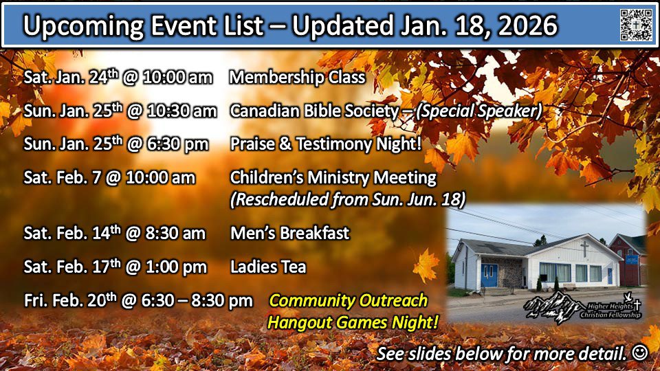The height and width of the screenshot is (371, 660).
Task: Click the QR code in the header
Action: (636, 25)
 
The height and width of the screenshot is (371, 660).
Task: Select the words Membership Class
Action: (297, 78)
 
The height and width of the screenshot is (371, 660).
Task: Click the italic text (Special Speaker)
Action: (478, 111)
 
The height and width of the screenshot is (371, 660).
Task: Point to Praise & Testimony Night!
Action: (325, 144)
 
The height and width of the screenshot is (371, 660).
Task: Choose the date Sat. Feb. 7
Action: (63, 177)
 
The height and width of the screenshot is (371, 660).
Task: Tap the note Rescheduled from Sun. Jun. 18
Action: (348, 199)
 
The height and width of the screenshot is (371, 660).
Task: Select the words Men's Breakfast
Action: (290, 233)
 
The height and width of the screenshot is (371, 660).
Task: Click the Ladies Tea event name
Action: (268, 267)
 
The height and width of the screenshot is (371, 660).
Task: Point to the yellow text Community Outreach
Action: (348, 301)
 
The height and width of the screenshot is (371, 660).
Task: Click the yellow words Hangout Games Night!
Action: (353, 323)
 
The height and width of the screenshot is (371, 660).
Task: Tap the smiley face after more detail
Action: (640, 352)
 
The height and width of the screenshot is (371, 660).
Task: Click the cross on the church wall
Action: (584, 249)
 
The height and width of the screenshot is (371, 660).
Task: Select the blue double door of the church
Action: (489, 276)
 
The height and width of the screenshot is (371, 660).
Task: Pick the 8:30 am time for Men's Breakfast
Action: (175, 234)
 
